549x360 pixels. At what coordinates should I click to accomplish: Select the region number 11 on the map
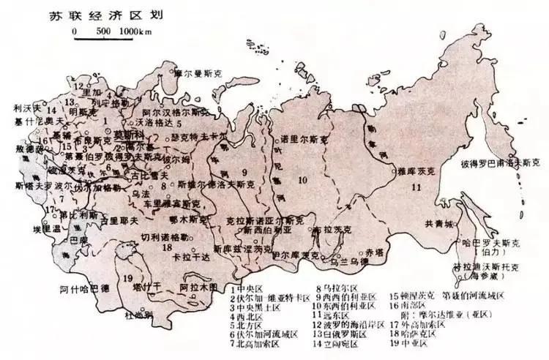pyautogui.click(x=417, y=187)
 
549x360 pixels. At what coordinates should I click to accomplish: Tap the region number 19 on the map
pyautogui.click(x=129, y=277)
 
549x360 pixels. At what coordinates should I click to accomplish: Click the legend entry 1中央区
pyautogui.click(x=250, y=289)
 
